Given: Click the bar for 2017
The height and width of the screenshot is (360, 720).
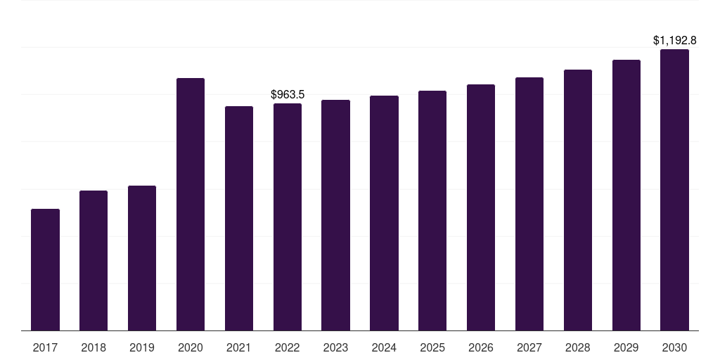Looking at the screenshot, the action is (45, 269).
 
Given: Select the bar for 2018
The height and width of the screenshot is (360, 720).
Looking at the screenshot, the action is (94, 260).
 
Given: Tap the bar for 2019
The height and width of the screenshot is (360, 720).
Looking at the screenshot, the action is (142, 258).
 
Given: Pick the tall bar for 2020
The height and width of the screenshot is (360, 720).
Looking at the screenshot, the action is (191, 205).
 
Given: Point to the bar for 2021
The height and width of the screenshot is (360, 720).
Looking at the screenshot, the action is (239, 218).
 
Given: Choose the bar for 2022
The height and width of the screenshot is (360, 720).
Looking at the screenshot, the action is (288, 217).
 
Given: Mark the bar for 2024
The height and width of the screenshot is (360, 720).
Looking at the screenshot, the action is (385, 213).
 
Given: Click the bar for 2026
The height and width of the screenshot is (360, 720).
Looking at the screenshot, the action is (481, 207).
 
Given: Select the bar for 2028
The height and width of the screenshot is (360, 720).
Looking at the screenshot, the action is (578, 200).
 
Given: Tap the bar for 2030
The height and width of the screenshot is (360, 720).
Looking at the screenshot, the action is (674, 190).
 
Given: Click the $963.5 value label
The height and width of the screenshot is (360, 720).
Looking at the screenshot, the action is (288, 95).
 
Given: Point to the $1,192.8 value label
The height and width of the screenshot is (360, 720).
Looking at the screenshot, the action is (674, 40).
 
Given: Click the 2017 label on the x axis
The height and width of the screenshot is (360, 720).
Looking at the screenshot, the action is (45, 347).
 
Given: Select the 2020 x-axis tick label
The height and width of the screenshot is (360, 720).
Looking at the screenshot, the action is (191, 347).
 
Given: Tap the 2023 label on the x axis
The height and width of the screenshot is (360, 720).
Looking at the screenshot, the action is (335, 347).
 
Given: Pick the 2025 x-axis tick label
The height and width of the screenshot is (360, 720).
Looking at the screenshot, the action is (432, 347).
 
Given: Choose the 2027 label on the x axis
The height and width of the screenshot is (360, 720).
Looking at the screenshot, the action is (529, 347).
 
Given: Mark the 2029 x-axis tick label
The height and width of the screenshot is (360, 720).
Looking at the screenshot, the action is (626, 347).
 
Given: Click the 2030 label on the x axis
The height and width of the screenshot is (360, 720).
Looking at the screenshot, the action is (674, 347).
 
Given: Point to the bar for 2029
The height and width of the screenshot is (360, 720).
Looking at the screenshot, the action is (626, 195).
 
